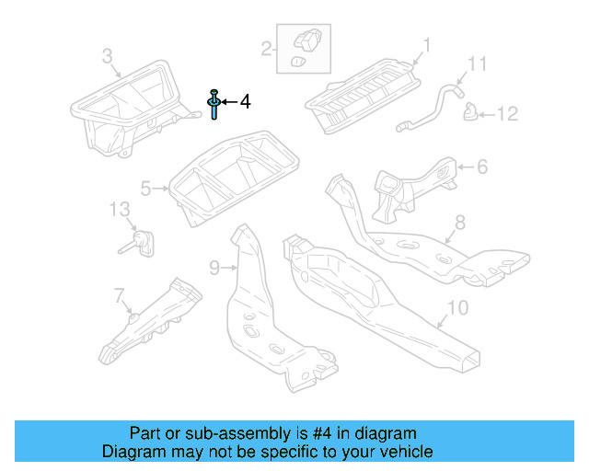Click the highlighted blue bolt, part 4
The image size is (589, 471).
(x=214, y=105)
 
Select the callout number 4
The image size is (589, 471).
(x=245, y=102)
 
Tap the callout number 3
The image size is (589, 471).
(x=107, y=57)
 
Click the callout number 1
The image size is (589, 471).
(x=427, y=44)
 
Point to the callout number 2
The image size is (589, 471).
(x=266, y=49)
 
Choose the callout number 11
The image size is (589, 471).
(x=476, y=64)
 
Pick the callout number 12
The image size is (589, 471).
(x=509, y=114)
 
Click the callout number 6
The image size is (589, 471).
(x=481, y=167)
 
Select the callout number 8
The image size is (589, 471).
(x=460, y=222)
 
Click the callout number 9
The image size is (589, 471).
(x=214, y=268)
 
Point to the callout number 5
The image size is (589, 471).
(x=146, y=189)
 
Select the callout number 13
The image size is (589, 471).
(x=121, y=209)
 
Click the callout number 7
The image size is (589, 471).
(x=118, y=295)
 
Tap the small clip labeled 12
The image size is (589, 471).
(x=471, y=114)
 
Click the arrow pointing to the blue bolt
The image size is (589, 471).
(x=227, y=102)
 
